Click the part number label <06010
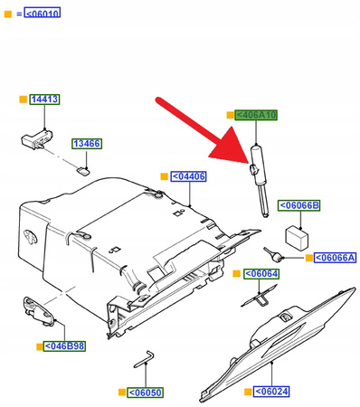[43, 14]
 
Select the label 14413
[45, 99]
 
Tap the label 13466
[87, 143]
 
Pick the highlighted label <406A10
[255, 116]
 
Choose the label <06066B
[298, 205]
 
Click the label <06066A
[336, 259]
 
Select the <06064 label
[263, 273]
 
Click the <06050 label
[146, 393]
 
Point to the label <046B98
[65, 345]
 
